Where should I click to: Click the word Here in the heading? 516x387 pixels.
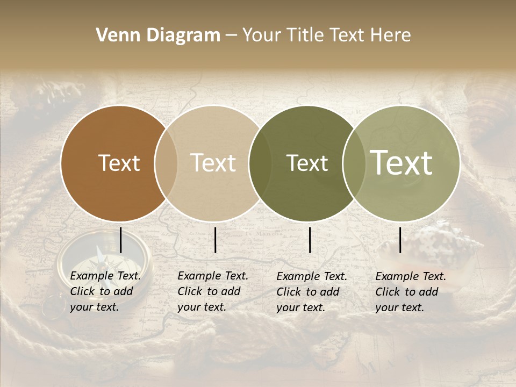[391, 35]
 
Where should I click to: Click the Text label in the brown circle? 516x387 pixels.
[119, 163]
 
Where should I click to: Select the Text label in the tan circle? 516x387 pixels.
[213, 163]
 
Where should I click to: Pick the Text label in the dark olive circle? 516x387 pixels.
[307, 163]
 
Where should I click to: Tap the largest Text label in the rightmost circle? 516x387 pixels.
[402, 163]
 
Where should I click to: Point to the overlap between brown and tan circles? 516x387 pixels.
[166, 163]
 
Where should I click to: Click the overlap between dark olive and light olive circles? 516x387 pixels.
[354, 163]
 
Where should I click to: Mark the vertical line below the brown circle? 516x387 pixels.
[120, 240]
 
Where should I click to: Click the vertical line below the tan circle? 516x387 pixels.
[215, 240]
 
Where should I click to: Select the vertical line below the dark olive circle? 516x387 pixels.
[310, 240]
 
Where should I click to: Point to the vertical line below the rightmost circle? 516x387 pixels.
[400, 240]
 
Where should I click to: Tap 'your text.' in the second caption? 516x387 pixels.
[202, 307]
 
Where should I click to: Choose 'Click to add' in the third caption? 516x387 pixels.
[308, 292]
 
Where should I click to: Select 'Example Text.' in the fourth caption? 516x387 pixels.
[411, 276]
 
